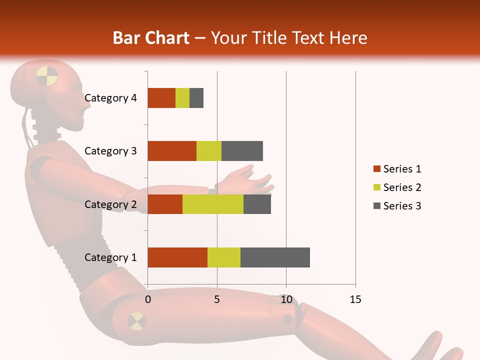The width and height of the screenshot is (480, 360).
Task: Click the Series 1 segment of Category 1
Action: coord(177,257)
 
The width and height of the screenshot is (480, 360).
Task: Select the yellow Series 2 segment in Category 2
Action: coord(213,204)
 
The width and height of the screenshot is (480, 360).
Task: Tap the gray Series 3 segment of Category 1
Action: coord(275,257)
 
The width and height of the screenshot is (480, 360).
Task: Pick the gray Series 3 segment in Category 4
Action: coord(196,98)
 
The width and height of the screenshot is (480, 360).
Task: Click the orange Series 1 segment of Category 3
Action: coord(172,151)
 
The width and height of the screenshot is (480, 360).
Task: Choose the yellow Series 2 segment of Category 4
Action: coord(182,98)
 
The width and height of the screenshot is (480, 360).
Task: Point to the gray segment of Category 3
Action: coord(242,151)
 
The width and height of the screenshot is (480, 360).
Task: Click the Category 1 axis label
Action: coord(110,257)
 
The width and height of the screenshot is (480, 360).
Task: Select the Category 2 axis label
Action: coord(110,204)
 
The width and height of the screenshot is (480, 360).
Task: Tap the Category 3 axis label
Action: coord(110,151)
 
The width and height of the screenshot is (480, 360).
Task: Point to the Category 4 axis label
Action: coord(110,98)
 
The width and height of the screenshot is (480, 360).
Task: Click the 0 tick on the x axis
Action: coord(148,299)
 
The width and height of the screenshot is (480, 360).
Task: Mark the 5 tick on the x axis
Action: coord(217,299)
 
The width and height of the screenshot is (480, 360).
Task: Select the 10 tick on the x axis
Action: coord(286,299)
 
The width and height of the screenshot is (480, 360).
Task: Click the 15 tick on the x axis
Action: coord(355,299)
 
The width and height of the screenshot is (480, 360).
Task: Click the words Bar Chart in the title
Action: coord(151,38)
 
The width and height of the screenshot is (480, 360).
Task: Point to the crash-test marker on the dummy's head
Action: coord(47,75)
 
